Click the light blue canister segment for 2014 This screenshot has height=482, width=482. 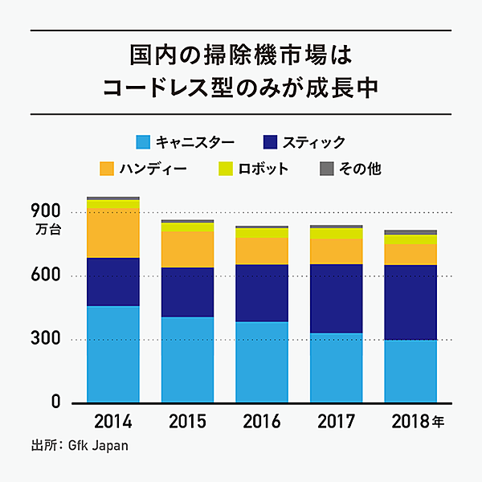pyautogui.click(x=113, y=353)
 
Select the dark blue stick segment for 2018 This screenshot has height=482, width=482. pyautogui.click(x=411, y=302)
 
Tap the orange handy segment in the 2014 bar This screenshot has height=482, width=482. pyautogui.click(x=113, y=233)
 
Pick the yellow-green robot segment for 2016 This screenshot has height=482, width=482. pyautogui.click(x=262, y=233)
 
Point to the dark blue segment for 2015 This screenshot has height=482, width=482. pyautogui.click(x=187, y=292)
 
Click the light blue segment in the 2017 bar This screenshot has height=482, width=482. pyautogui.click(x=337, y=367)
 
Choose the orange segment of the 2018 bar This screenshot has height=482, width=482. pyautogui.click(x=411, y=254)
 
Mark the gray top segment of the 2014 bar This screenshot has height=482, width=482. pyautogui.click(x=113, y=198)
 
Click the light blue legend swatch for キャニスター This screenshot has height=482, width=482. pyautogui.click(x=144, y=142)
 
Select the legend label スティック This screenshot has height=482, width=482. pyautogui.click(x=315, y=142)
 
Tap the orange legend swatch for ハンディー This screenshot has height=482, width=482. pyautogui.click(x=108, y=170)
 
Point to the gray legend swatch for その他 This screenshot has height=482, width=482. pyautogui.click(x=327, y=170)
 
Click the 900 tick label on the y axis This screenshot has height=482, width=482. pyautogui.click(x=45, y=211)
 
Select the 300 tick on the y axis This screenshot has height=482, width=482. pyautogui.click(x=45, y=339)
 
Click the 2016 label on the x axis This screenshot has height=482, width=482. pyautogui.click(x=262, y=421)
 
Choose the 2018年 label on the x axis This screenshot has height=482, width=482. pyautogui.click(x=416, y=421)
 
